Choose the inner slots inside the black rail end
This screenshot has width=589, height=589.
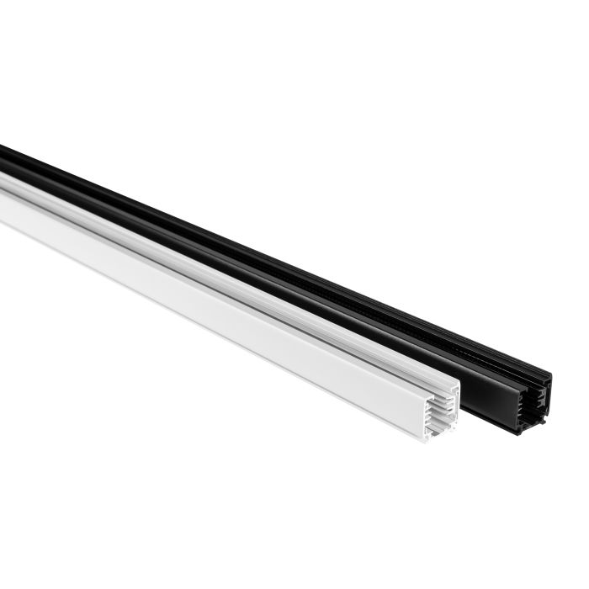click(537, 402)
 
